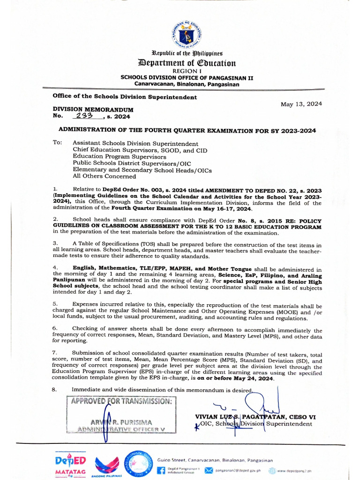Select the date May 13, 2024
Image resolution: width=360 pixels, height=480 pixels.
pyautogui.click(x=301, y=104)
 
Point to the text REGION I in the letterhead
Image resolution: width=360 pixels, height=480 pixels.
pyautogui.click(x=187, y=71)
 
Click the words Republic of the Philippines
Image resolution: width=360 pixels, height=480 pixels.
pyautogui.click(x=187, y=54)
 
